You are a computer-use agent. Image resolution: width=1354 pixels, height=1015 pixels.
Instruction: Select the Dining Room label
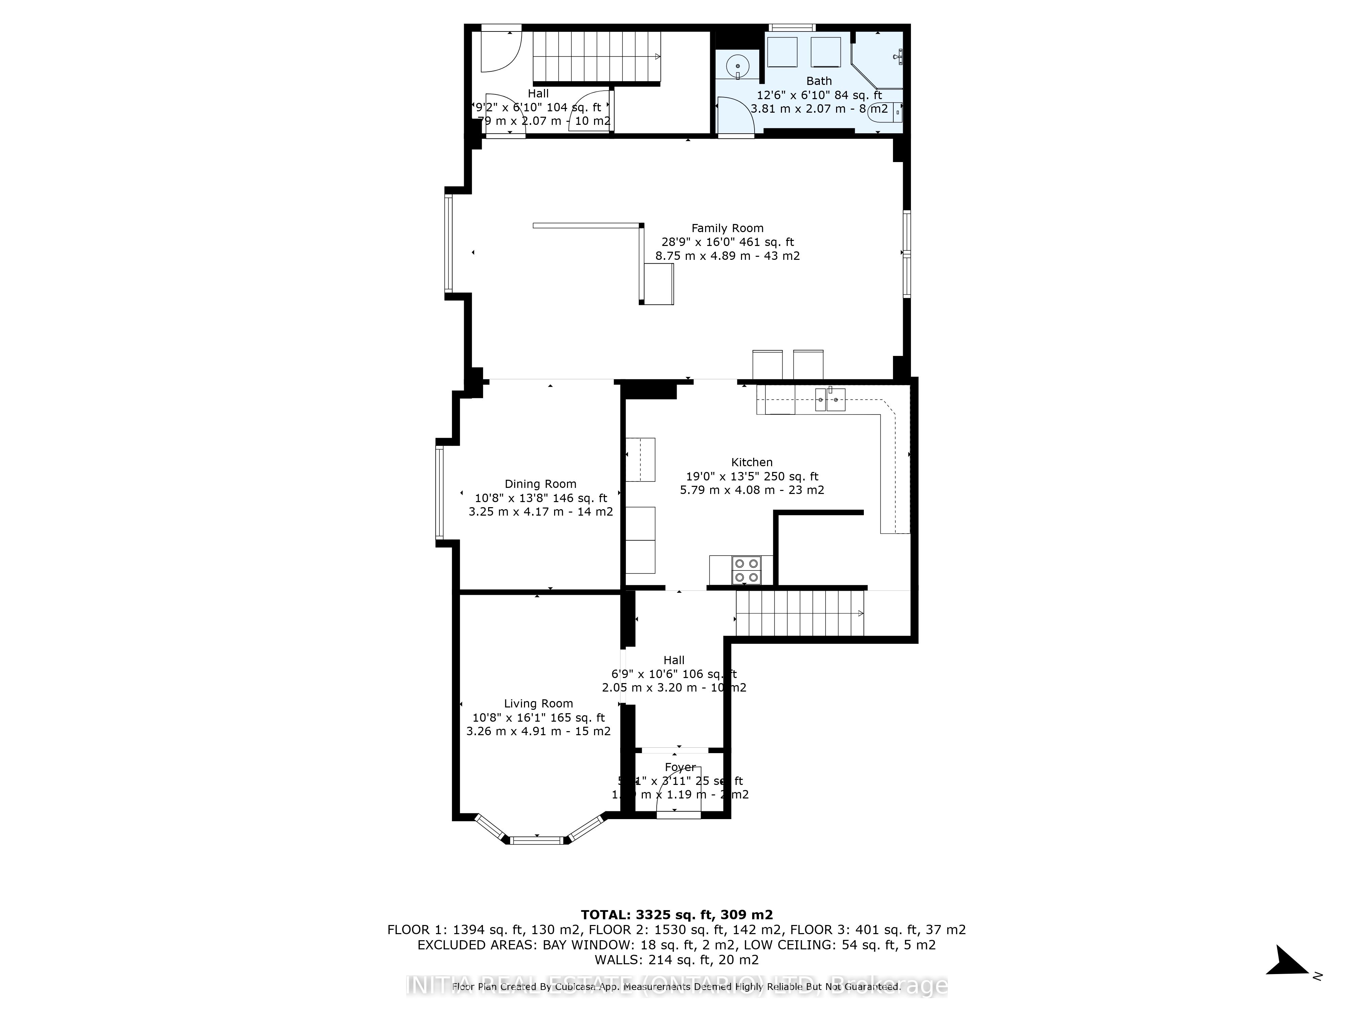pos(541,484)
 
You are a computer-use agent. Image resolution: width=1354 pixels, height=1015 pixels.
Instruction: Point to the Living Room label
pos(538,704)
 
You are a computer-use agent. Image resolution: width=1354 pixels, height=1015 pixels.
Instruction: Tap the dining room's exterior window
pos(439,493)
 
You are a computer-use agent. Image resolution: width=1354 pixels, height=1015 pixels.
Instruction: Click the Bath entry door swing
pos(735,116)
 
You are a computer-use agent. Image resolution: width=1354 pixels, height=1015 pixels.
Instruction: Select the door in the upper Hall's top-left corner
pos(499,49)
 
